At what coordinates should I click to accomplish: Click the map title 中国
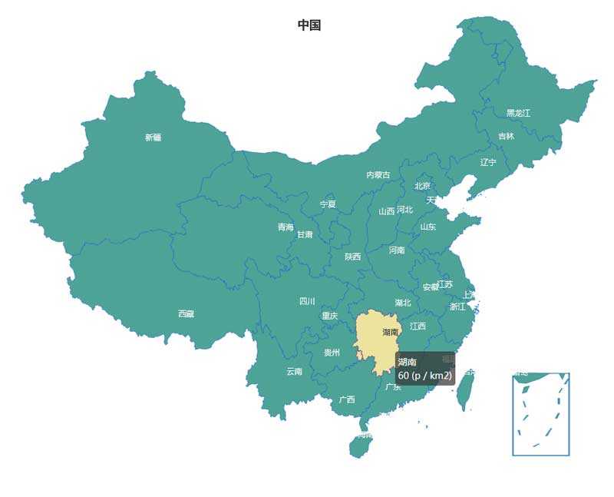309,25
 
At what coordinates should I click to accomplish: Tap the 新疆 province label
153,138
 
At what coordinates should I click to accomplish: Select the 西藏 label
186,313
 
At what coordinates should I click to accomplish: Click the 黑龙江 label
518,113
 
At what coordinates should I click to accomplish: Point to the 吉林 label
507,136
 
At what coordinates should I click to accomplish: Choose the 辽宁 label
488,162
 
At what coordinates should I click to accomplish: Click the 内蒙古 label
378,175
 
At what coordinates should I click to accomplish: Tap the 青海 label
286,227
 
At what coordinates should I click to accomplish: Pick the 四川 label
307,301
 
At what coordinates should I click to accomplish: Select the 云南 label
295,371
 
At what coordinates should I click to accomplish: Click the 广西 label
347,399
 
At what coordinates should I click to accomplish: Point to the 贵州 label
332,353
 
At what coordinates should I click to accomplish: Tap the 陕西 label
352,257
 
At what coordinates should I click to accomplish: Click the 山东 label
427,227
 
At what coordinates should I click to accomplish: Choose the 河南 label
397,250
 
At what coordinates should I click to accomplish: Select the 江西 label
418,326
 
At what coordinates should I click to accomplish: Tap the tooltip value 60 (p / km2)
425,376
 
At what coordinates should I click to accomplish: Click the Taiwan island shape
464,392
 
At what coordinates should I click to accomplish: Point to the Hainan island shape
359,445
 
